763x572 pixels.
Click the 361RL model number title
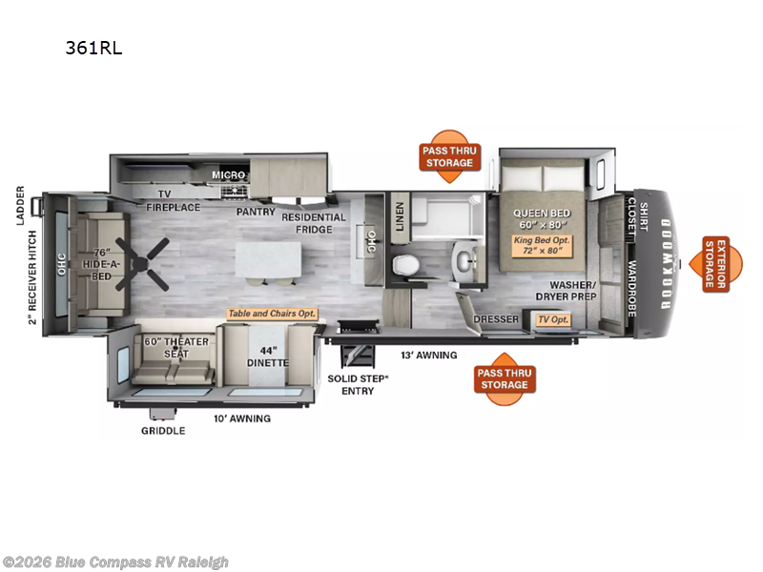tap(93, 48)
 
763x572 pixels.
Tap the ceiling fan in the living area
tap(142, 265)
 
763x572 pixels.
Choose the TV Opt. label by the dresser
tap(553, 319)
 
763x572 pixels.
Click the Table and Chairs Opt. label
tap(272, 314)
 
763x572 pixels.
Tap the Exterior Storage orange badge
tap(716, 264)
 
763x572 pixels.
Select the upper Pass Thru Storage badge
tap(449, 156)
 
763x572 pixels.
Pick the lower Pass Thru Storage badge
tap(505, 378)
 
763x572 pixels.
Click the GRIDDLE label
tap(163, 431)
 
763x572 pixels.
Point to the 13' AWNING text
tap(428, 355)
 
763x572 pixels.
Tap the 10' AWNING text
tap(242, 419)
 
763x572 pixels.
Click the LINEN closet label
tap(400, 216)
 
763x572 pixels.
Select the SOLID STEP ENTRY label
tap(358, 385)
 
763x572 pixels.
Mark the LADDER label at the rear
tap(20, 205)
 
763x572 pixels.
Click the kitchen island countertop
tap(268, 259)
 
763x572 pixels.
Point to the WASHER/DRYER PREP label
tap(566, 291)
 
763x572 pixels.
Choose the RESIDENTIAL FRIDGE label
tap(314, 223)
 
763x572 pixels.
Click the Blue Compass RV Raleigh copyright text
tap(115, 562)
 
